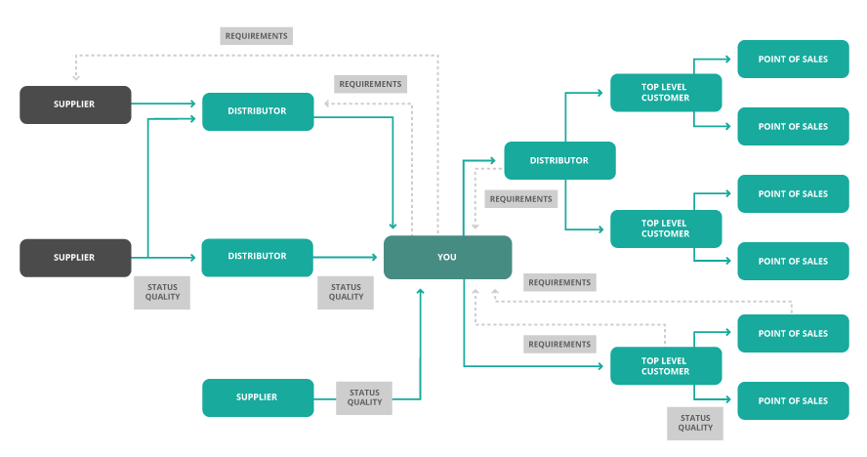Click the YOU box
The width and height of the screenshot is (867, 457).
coord(447,257)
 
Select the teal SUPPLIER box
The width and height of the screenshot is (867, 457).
coord(258,397)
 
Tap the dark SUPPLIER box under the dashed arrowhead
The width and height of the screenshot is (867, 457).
coord(75,104)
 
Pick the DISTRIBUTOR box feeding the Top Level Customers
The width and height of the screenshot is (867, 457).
coord(559,160)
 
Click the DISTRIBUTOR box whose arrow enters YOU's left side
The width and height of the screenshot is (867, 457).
coord(258,257)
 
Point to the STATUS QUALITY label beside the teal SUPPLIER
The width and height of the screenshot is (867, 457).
coord(364,397)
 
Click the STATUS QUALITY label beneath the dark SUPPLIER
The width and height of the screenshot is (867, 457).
coord(162,292)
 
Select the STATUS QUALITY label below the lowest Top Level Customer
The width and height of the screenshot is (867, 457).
coord(695,422)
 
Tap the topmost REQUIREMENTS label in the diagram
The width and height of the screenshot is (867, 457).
coord(256,36)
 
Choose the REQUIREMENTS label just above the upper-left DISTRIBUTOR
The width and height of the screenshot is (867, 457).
coord(370,84)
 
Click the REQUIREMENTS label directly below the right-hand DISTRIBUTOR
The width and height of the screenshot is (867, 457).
coord(521,199)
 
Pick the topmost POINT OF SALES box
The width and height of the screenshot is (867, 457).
coord(793,60)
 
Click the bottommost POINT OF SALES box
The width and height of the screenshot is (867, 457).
coord(793,401)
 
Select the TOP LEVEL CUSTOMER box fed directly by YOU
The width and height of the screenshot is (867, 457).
coord(666,365)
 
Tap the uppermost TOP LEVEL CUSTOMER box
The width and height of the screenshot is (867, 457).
coord(666,92)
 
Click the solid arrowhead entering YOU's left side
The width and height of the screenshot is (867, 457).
coord(376,257)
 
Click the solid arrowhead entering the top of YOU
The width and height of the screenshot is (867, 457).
coord(392,228)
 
